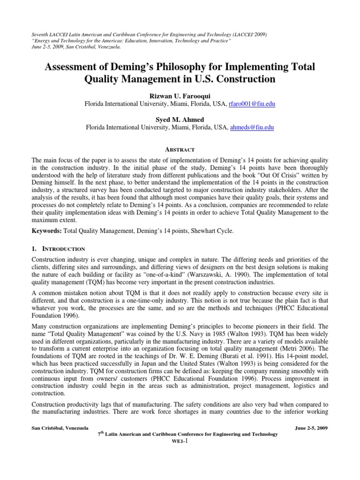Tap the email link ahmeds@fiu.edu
click(251, 127)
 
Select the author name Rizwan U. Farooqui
click(180, 95)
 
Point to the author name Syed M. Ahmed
click(180, 119)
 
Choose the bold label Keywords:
click(47, 231)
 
